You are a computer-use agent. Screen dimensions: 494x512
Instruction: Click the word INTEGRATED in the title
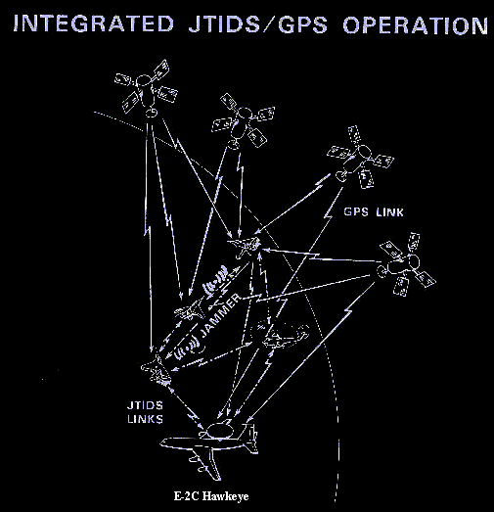point(93,23)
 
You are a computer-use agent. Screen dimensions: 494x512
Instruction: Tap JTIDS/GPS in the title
point(258,24)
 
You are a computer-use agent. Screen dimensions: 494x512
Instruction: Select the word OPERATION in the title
point(415,24)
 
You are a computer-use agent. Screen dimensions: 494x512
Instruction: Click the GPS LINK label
point(374,212)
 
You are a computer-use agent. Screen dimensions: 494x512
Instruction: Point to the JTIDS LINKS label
point(145,412)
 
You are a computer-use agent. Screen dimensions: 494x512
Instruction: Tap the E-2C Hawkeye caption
point(211,496)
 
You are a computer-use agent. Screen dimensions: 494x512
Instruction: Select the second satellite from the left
point(243,120)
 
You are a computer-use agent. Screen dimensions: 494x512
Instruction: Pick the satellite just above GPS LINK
point(360,157)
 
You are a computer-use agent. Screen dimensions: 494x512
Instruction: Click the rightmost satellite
point(407,264)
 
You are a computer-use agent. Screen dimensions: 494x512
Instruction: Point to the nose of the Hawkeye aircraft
point(162,443)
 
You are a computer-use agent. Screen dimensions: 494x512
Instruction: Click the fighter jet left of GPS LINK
point(246,247)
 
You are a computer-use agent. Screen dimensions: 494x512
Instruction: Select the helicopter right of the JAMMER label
point(282,334)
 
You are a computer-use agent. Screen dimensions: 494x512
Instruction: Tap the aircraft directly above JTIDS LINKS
point(156,368)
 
